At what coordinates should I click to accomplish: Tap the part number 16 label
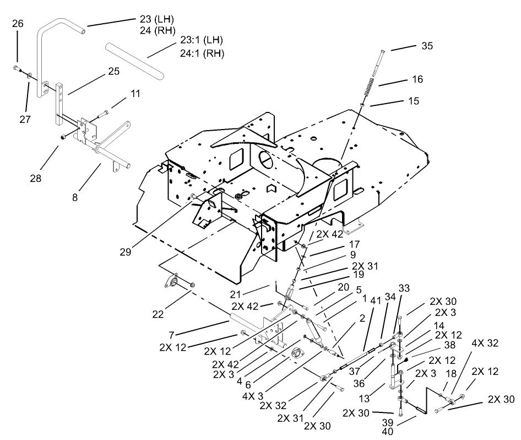[417, 79]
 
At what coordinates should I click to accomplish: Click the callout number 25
[113, 72]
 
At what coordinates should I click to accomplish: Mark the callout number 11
[135, 94]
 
